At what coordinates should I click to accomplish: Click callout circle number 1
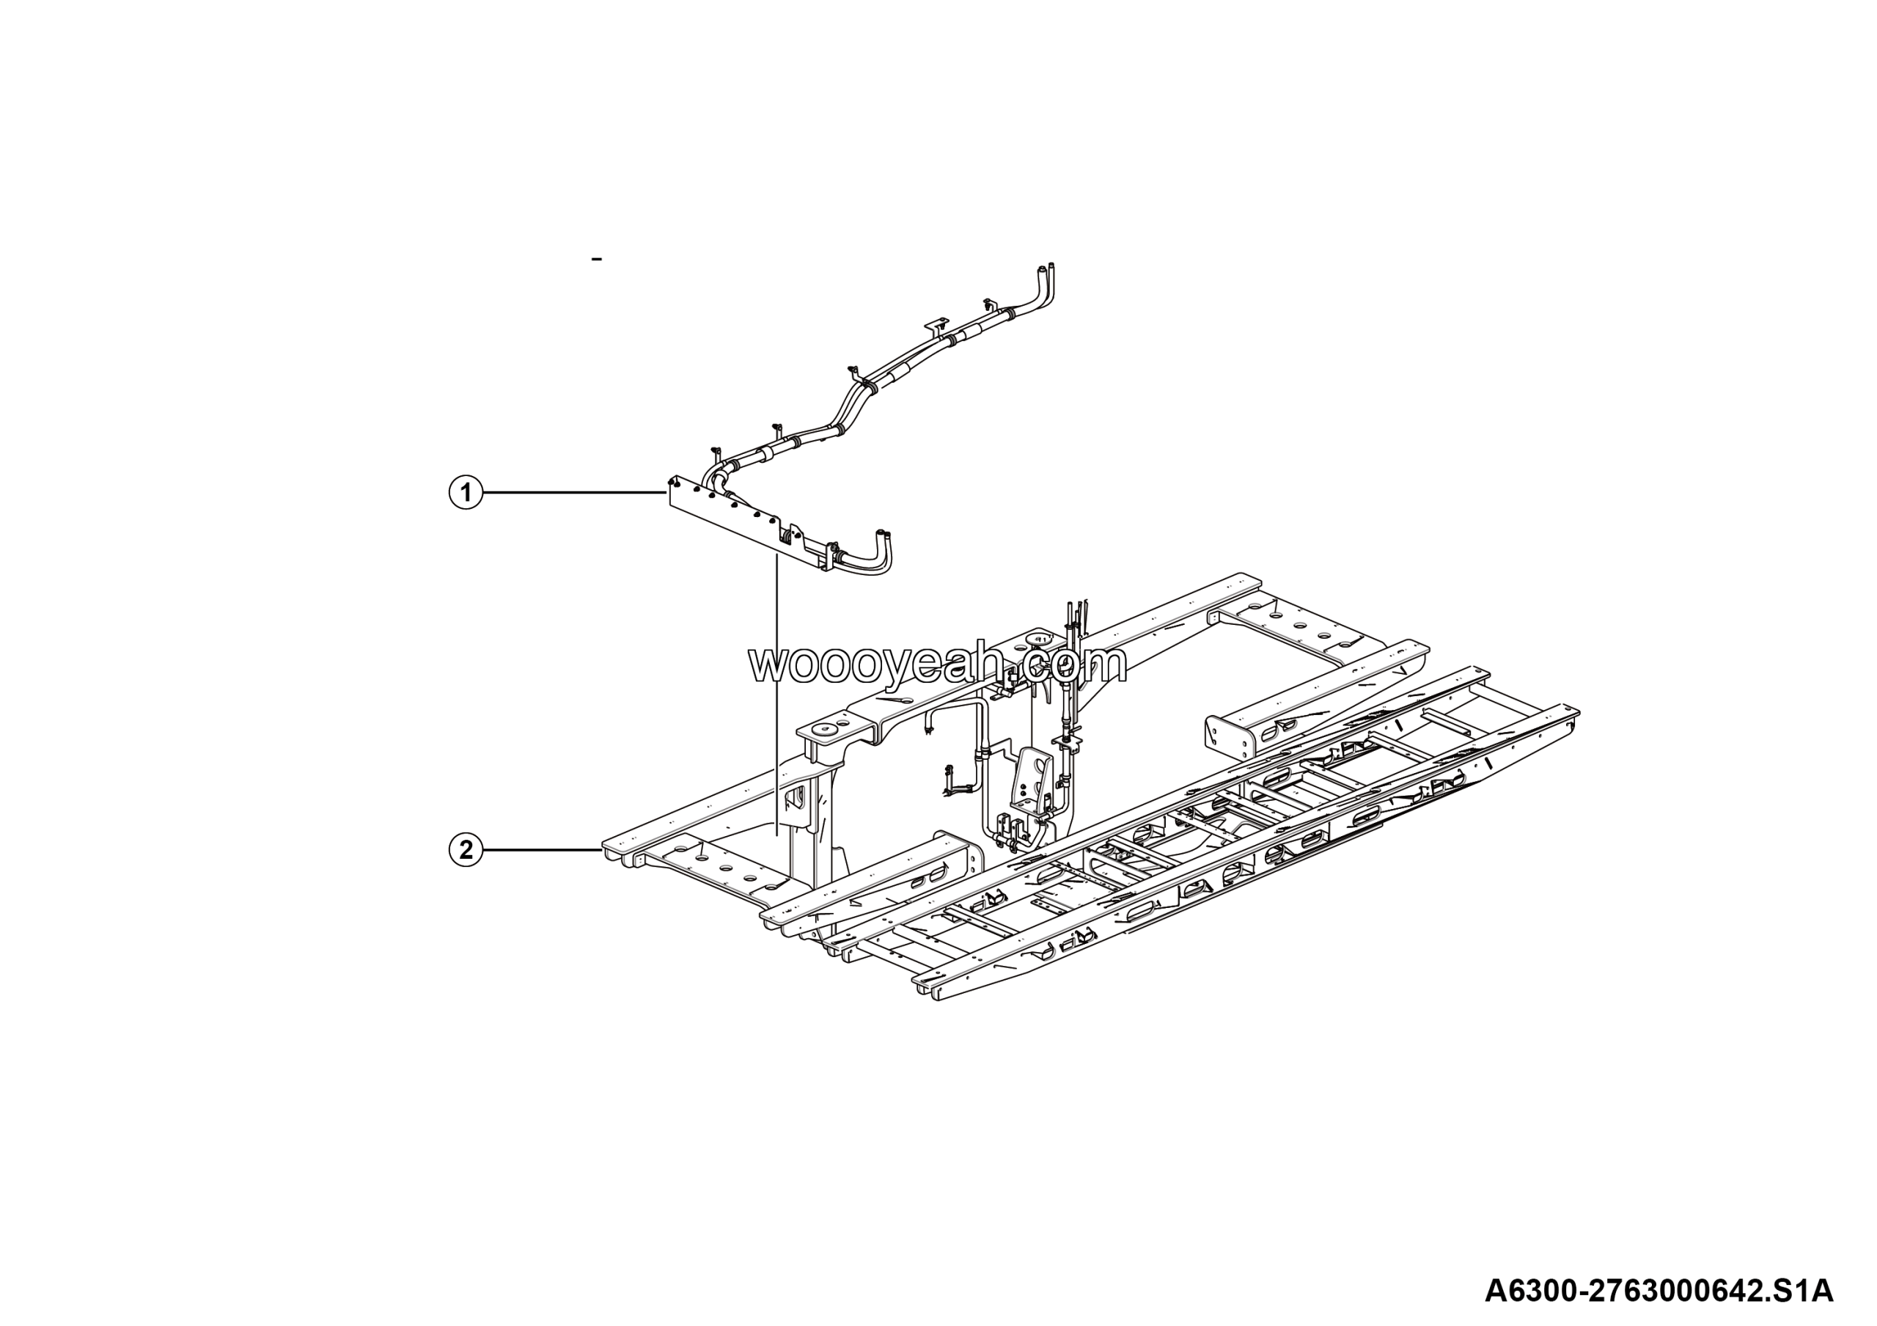tap(466, 493)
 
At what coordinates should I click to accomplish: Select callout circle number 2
tap(466, 850)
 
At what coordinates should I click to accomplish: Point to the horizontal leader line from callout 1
tap(574, 493)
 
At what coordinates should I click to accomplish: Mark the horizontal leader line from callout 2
tap(543, 850)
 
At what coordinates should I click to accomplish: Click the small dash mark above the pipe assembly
tap(598, 259)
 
